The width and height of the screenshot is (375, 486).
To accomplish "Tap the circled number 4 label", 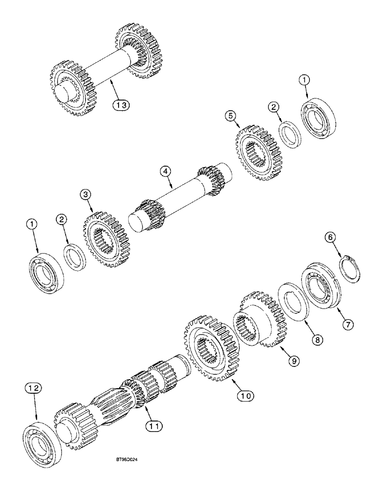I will (165, 171).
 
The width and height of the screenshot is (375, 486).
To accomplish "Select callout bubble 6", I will (329, 237).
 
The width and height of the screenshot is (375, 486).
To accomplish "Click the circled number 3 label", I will (86, 195).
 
